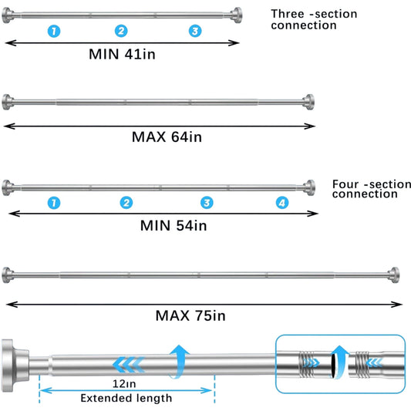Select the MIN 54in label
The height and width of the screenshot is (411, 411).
pos(173,226)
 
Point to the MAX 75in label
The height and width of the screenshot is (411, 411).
pos(190,315)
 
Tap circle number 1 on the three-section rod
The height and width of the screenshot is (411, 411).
pos(52,31)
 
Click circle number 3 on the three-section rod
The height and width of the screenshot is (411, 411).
pos(195,31)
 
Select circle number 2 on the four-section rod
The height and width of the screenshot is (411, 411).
pos(126,203)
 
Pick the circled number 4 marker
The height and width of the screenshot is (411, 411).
pos(283,203)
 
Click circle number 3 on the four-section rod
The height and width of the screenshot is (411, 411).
pos(207,203)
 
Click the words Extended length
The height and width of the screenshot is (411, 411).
pos(126,398)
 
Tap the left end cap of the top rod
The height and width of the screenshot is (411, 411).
pos(8,14)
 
